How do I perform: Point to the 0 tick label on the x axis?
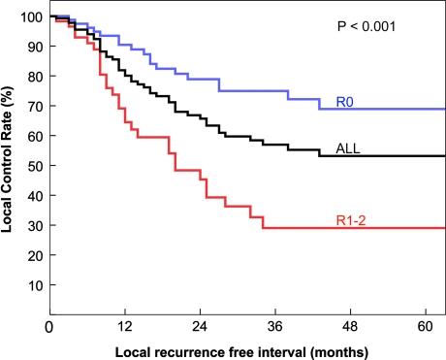[48, 327]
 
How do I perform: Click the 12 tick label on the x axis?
[124, 327]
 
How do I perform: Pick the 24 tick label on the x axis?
[200, 327]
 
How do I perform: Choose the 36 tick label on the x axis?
[275, 327]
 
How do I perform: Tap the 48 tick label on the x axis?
[351, 327]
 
